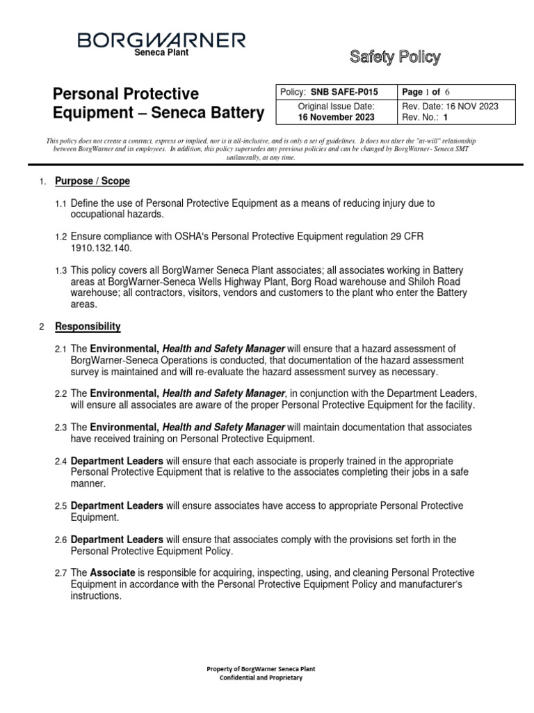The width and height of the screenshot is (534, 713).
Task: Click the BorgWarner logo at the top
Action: click(x=161, y=40)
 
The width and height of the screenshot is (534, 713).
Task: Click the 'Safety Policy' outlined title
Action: click(x=395, y=57)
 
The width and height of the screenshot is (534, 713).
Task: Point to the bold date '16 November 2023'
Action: click(x=336, y=117)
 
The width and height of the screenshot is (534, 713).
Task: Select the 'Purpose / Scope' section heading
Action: click(x=92, y=182)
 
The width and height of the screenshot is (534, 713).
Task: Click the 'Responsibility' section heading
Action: click(x=88, y=327)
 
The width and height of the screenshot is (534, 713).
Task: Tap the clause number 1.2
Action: click(x=61, y=237)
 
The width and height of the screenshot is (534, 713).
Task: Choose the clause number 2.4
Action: click(x=61, y=462)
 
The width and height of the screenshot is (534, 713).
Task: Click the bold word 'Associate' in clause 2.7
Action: click(x=113, y=573)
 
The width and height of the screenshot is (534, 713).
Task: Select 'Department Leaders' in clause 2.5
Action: click(x=117, y=506)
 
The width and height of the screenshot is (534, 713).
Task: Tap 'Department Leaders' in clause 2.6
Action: click(x=117, y=540)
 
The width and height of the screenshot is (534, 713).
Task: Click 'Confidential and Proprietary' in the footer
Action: click(x=261, y=677)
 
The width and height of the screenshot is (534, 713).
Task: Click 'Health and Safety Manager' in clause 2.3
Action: click(x=223, y=427)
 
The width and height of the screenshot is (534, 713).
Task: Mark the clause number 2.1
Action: click(x=61, y=349)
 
